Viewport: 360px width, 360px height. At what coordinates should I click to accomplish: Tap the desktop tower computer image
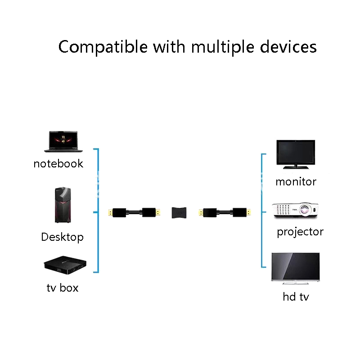click(62, 205)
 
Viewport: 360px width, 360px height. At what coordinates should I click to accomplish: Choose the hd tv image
click(295, 267)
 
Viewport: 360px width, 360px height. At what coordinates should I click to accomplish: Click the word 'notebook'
click(58, 163)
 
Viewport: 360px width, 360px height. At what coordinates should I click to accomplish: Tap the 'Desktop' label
click(62, 237)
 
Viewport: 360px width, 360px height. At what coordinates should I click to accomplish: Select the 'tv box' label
click(62, 288)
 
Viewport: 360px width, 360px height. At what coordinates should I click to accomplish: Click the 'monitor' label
click(296, 181)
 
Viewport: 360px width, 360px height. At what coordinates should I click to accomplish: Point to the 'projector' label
click(300, 232)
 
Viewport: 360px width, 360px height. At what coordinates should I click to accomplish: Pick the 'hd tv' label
click(296, 297)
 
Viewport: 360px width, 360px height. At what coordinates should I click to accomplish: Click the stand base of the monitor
click(295, 167)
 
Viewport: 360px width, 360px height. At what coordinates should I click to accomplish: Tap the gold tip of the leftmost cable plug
click(108, 211)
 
